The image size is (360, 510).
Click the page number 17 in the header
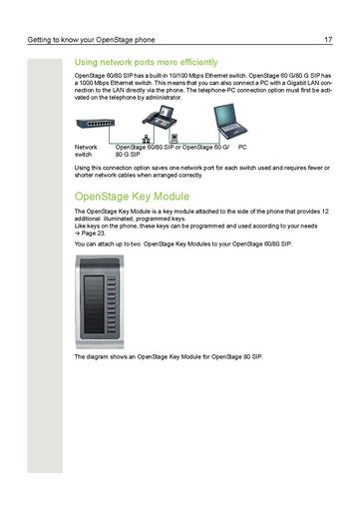327,39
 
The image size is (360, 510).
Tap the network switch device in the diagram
97,124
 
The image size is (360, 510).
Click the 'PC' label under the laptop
241,148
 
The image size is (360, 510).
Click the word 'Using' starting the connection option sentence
84,168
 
